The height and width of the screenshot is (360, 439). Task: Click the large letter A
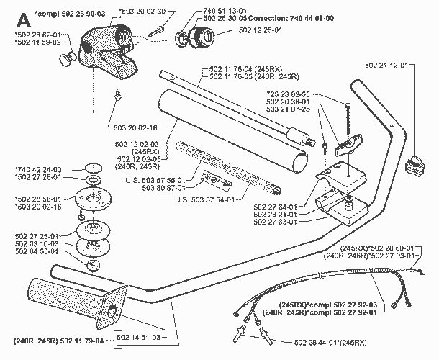[x=24, y=21]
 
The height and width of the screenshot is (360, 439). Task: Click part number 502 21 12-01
[x=386, y=66]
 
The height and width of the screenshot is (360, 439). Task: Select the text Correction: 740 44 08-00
[x=291, y=19]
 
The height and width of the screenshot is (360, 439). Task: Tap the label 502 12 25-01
[x=260, y=30]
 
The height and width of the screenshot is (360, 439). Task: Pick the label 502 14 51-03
[x=138, y=337]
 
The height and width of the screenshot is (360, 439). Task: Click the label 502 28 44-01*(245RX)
[x=330, y=342]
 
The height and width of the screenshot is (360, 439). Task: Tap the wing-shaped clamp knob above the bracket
[x=348, y=144]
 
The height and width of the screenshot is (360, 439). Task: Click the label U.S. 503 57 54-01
[x=204, y=199]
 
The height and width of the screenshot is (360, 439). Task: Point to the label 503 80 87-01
[x=164, y=187]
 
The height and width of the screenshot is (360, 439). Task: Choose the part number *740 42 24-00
[x=38, y=170]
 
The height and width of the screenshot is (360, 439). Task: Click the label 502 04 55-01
[x=37, y=251]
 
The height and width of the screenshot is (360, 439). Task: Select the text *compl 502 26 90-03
[x=70, y=14]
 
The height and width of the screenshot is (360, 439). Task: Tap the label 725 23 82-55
[x=288, y=94]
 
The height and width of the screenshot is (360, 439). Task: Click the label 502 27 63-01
[x=275, y=222]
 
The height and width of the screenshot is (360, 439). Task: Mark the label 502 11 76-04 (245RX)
[x=246, y=69]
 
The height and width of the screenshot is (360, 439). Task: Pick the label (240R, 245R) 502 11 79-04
[x=58, y=341]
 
